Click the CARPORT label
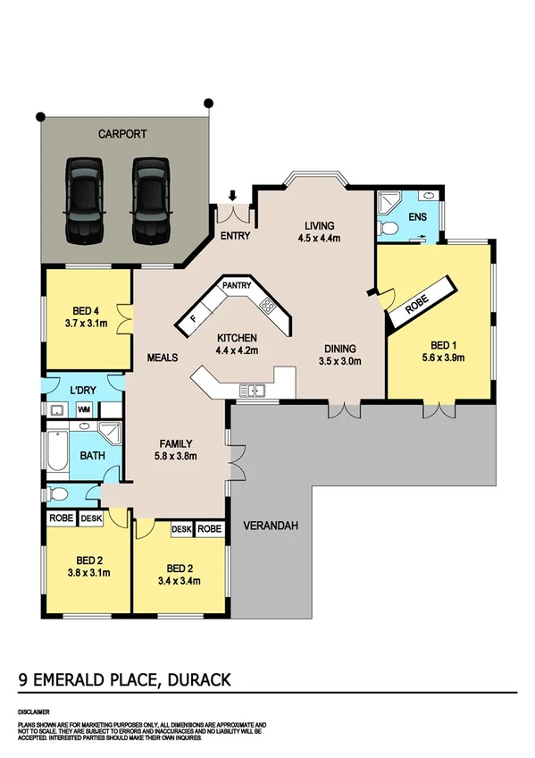click(x=122, y=134)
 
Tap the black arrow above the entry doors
click(x=233, y=195)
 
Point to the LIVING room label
click(x=318, y=226)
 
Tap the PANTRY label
click(x=237, y=286)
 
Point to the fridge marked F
click(x=193, y=317)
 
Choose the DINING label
click(x=341, y=349)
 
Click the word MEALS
click(x=163, y=358)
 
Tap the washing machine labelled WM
click(x=85, y=410)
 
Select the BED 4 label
click(x=87, y=309)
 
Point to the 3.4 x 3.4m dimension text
click(x=180, y=580)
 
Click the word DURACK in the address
click(x=196, y=680)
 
